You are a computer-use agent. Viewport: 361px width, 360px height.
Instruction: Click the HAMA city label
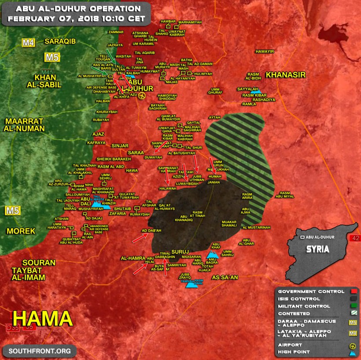[x=42, y=318]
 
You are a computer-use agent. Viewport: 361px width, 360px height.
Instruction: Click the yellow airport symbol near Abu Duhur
[x=142, y=96]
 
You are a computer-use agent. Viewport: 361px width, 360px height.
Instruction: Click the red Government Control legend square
[x=353, y=292]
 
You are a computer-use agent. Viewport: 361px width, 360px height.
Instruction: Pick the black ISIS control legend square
[x=353, y=299]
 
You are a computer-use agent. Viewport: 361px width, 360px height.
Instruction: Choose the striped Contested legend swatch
[x=353, y=313]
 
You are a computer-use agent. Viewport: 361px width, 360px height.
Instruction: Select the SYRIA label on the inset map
[x=317, y=249]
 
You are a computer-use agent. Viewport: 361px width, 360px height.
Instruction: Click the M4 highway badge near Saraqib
[x=29, y=43]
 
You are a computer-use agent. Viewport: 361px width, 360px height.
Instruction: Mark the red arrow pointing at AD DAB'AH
[x=140, y=238]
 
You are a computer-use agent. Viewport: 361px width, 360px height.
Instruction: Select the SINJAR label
[x=120, y=145]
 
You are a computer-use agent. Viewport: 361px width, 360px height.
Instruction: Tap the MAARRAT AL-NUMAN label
[x=25, y=125]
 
